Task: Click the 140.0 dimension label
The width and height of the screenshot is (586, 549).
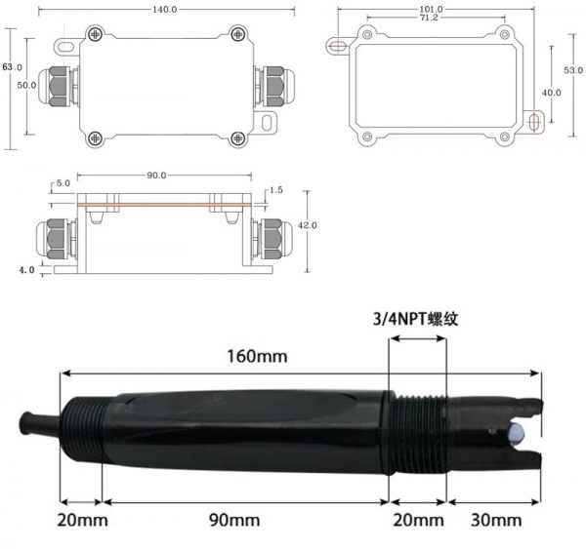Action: [x=164, y=10]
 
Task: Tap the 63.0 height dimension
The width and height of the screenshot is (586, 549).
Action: [x=12, y=67]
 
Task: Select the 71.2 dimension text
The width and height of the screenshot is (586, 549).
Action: [x=429, y=18]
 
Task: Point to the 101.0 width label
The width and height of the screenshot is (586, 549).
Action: [x=432, y=9]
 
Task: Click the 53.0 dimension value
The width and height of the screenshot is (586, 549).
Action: [x=573, y=70]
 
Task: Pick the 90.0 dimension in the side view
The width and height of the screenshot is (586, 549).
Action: [x=156, y=176]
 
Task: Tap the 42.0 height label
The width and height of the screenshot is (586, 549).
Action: [x=308, y=225]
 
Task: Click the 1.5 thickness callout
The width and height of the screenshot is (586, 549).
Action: [x=275, y=190]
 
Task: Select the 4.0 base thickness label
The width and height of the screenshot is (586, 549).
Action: [x=26, y=269]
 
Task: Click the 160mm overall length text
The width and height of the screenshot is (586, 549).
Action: [x=258, y=356]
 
